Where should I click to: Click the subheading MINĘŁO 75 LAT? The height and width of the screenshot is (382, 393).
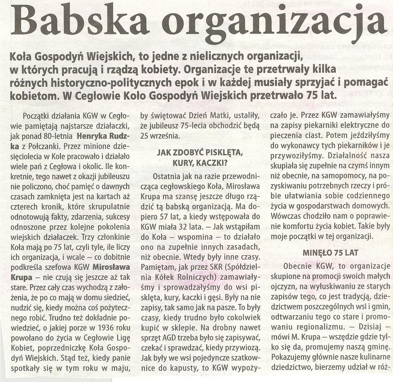(330, 252)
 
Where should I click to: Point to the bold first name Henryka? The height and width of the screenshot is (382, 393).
(94, 136)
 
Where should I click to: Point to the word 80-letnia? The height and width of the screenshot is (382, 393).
(59, 136)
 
